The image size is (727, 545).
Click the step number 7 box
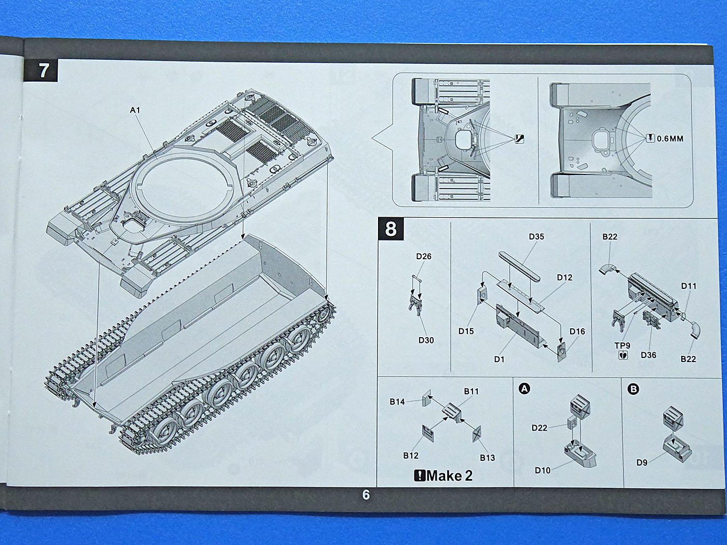tap(44, 71)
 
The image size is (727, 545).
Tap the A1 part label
tap(135, 110)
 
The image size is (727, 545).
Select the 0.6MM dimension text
tap(670, 139)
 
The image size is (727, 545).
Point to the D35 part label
tap(536, 237)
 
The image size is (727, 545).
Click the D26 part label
tap(424, 256)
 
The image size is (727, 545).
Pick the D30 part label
tap(426, 340)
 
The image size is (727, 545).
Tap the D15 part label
tap(466, 331)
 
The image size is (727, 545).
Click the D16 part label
tap(577, 331)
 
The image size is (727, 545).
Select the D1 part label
tap(499, 359)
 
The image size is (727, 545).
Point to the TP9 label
tap(622, 345)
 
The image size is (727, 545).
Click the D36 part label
tap(648, 355)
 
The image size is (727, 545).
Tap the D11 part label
tap(689, 286)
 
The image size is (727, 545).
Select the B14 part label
tap(397, 402)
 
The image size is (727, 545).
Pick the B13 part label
tap(487, 458)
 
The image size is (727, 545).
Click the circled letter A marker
tap(524, 389)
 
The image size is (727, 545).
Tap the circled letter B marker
tap(633, 389)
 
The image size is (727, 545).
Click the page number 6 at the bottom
tap(366, 495)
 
